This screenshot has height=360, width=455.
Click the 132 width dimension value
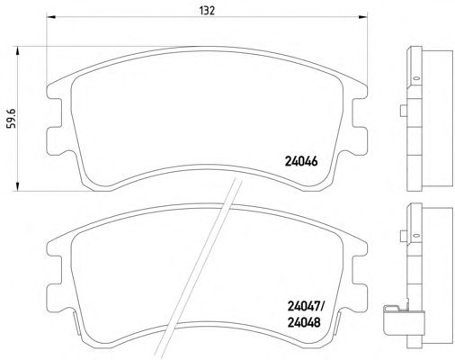tap(207, 11)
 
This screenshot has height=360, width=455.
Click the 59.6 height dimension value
tap(12, 118)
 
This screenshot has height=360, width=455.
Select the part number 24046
tap(300, 162)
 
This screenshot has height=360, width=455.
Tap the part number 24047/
tap(306, 307)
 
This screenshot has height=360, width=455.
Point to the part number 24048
tap(304, 322)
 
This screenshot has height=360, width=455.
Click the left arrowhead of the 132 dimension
tap(51, 16)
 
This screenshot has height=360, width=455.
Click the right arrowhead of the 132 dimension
tap(362, 16)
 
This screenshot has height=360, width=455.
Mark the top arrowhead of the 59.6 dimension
tap(17, 50)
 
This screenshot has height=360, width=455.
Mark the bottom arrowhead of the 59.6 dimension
tap(17, 186)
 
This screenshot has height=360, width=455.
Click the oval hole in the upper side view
tap(415, 78)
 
